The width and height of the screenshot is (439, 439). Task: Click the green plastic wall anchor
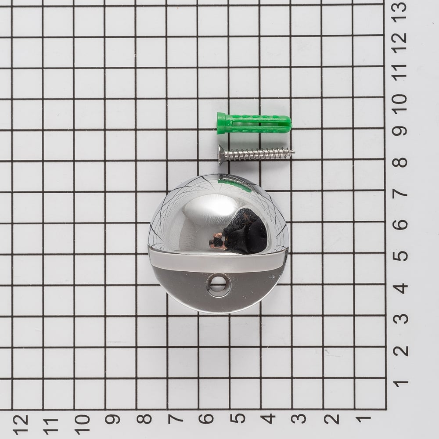[x=254, y=123]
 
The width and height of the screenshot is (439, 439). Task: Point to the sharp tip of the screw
[x=294, y=152]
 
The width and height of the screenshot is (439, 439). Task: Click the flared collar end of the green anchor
[x=221, y=123]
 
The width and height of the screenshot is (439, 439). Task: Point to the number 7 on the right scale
[x=400, y=193]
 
